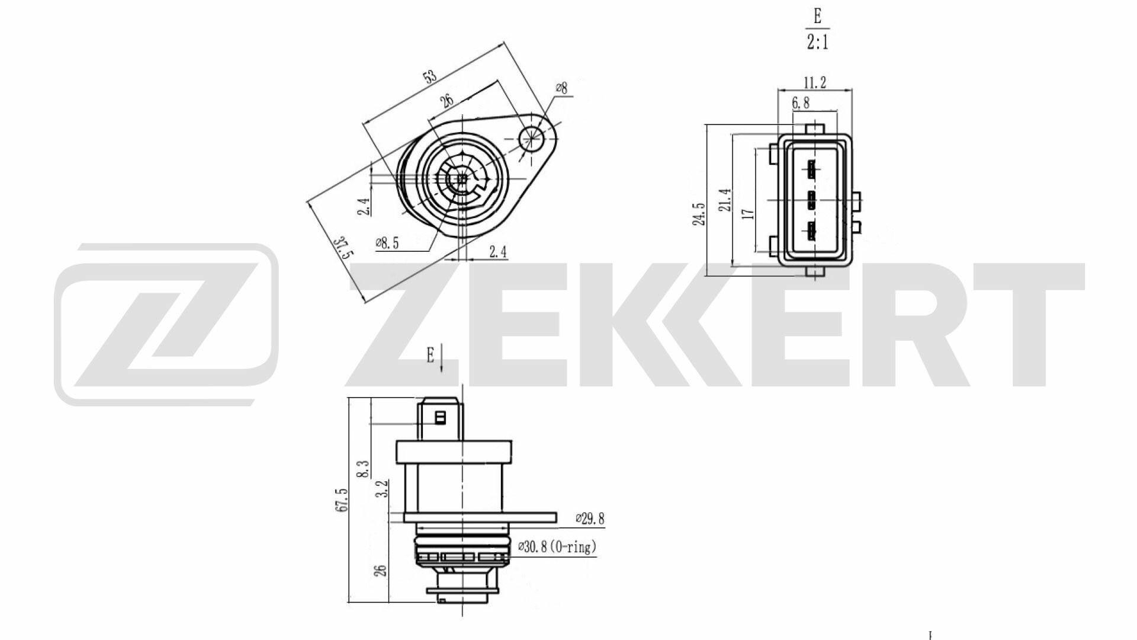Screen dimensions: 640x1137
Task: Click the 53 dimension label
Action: [431, 76]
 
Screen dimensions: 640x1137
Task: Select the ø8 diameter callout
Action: [561, 88]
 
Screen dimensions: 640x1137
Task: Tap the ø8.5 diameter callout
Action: [387, 243]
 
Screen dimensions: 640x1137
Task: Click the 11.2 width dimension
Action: [815, 83]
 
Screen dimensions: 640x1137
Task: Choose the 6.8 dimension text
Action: [801, 103]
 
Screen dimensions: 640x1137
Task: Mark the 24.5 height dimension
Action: [699, 215]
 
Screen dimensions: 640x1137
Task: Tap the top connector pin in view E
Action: [811, 170]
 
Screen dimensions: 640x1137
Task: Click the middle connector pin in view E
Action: [811, 200]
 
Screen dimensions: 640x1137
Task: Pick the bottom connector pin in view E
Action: [811, 231]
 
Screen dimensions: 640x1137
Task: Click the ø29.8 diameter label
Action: [590, 519]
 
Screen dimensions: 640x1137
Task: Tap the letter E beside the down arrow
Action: [431, 355]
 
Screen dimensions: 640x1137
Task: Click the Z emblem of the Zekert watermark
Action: [166, 324]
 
